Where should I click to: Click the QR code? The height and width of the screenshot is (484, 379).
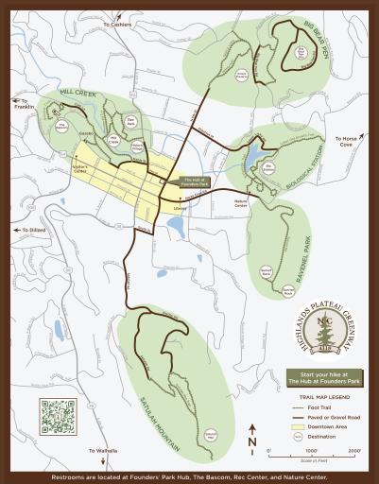pos(57,416)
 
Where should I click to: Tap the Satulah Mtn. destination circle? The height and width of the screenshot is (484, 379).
pos(211,433)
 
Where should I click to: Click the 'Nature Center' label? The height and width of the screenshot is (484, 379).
pos(241,203)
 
